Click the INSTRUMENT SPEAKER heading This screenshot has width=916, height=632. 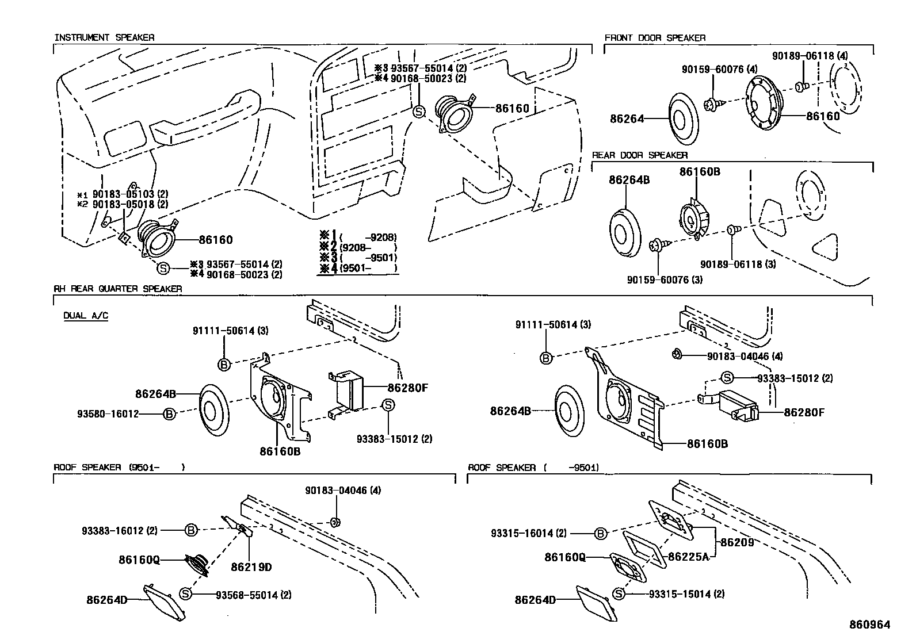click(x=104, y=37)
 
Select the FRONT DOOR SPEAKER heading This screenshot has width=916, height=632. click(x=655, y=37)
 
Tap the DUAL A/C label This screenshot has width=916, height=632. click(x=86, y=315)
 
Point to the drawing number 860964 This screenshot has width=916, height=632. click(x=869, y=624)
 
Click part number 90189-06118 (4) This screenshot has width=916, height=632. click(x=810, y=56)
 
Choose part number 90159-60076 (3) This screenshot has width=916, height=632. click(x=665, y=280)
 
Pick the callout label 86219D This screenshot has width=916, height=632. click(x=251, y=567)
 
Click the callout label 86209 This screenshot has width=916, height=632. click(x=736, y=542)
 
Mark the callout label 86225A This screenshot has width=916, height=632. click(x=688, y=557)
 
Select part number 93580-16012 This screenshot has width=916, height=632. click(x=108, y=413)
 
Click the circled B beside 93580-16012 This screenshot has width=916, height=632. click(x=169, y=413)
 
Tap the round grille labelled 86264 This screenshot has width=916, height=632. click(x=684, y=120)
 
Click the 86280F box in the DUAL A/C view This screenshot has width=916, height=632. click(x=348, y=389)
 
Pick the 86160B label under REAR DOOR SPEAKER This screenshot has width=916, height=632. click(x=699, y=172)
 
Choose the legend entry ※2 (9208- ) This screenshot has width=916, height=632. click(x=359, y=247)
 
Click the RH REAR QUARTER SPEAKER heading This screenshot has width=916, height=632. click(x=118, y=289)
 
